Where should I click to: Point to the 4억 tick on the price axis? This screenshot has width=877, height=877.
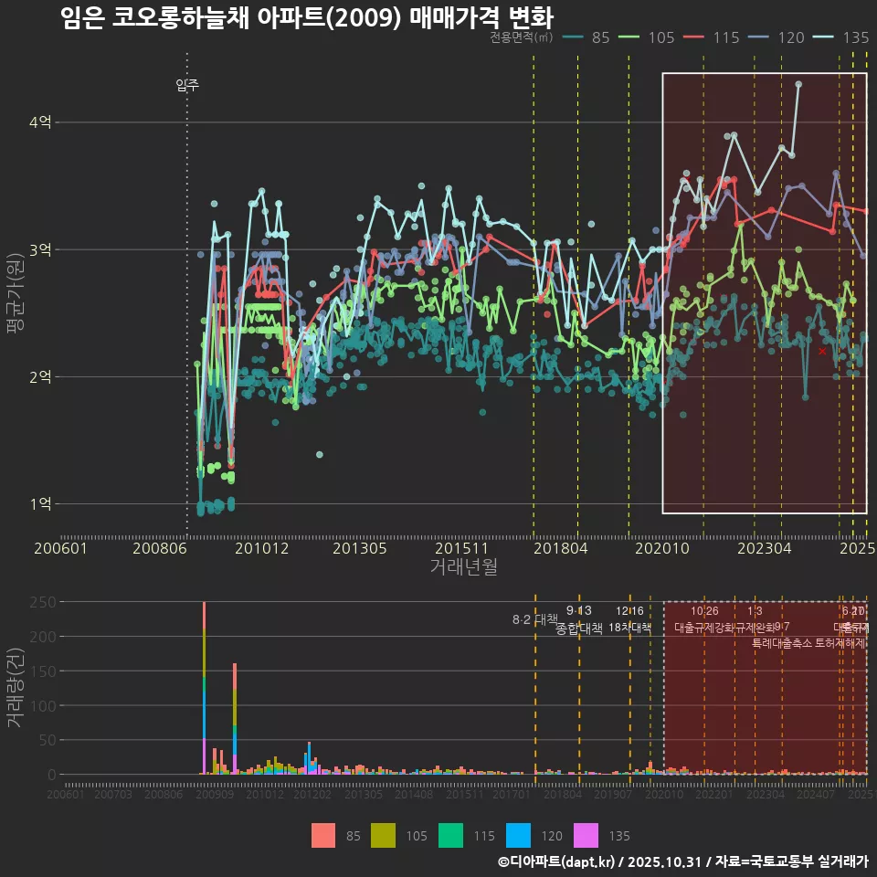pyautogui.click(x=40, y=122)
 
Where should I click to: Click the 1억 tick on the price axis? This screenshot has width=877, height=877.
pyautogui.click(x=40, y=503)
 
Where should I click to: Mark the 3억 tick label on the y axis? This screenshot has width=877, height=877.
pyautogui.click(x=40, y=249)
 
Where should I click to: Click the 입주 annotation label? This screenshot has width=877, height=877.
pyautogui.click(x=187, y=86)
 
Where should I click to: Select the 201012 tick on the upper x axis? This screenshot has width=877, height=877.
pyautogui.click(x=262, y=548)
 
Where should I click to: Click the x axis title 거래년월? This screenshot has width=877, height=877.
pyautogui.click(x=463, y=567)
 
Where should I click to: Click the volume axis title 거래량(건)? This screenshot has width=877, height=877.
pyautogui.click(x=16, y=688)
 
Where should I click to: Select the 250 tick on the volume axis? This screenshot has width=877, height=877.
pyautogui.click(x=44, y=602)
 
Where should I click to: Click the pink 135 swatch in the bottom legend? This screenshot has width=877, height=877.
pyautogui.click(x=586, y=835)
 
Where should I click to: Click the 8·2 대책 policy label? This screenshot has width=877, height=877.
pyautogui.click(x=535, y=619)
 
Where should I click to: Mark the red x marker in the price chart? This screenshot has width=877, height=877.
pyautogui.click(x=822, y=351)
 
